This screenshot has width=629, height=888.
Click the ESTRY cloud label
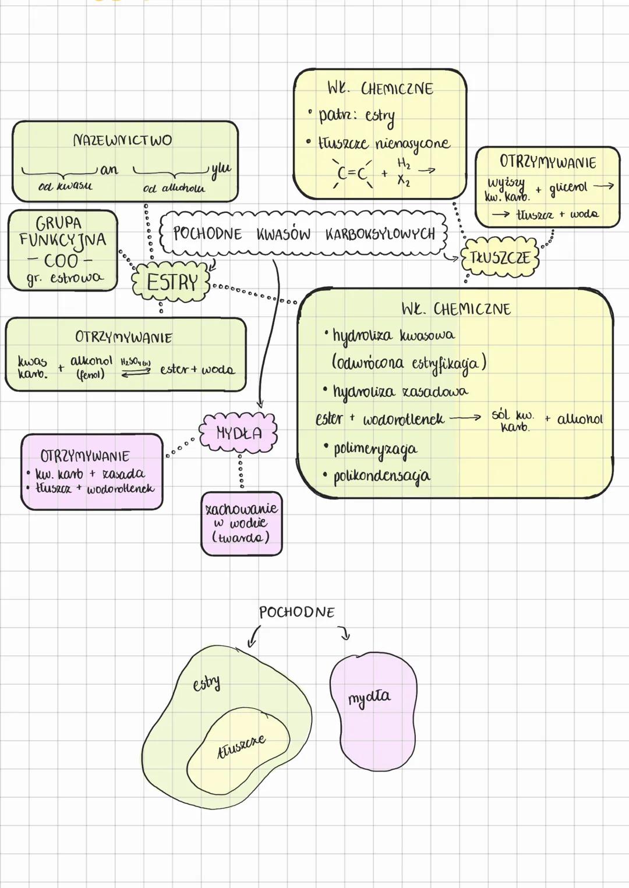[x=172, y=283]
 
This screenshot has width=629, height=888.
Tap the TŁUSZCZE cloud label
[x=500, y=258]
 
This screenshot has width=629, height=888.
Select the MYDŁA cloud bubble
[x=239, y=433]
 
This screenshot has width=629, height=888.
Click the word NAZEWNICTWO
[x=123, y=140]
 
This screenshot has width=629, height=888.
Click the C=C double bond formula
[x=353, y=173]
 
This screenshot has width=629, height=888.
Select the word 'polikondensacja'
[x=381, y=476]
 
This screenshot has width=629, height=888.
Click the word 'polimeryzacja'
[x=375, y=449]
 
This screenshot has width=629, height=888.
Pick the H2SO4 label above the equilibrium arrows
[x=135, y=362]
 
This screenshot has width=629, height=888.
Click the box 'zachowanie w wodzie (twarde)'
[x=242, y=523]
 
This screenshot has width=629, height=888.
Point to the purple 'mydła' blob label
[x=369, y=697]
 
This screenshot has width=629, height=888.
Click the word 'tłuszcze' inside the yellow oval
[x=241, y=745]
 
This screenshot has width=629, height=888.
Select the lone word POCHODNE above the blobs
[x=297, y=612]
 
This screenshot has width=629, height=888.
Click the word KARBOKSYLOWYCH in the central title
[x=380, y=234]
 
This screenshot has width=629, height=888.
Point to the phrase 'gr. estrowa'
[x=64, y=278]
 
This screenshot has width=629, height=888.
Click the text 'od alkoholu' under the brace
[x=174, y=189]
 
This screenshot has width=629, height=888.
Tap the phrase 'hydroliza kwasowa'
[x=394, y=336]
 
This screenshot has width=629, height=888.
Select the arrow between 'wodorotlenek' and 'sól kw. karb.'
[x=465, y=417]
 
